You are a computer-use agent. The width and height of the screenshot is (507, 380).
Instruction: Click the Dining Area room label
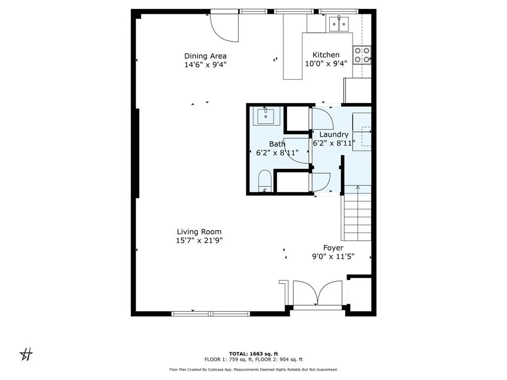click(x=205, y=56)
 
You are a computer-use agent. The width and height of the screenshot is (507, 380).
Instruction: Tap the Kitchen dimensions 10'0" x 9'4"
click(x=326, y=63)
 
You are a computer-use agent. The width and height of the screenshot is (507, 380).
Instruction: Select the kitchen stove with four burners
click(x=362, y=54)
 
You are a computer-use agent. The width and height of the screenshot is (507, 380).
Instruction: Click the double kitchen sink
click(x=340, y=23)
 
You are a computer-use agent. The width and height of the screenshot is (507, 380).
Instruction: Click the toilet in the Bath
click(x=265, y=181)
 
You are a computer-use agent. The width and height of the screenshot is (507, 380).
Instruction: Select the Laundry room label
click(x=334, y=135)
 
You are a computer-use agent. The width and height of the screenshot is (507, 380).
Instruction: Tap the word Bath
click(x=277, y=144)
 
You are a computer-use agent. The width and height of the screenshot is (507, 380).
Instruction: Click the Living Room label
click(x=199, y=232)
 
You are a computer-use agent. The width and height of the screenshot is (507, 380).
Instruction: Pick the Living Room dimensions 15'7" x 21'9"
click(x=199, y=240)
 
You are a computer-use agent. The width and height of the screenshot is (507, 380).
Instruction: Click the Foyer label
click(x=333, y=248)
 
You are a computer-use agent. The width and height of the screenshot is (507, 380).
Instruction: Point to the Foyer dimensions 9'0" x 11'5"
click(x=333, y=257)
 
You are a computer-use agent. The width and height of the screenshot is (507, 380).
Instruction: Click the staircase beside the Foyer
click(x=356, y=216)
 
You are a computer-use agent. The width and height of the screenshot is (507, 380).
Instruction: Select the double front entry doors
click(x=317, y=294)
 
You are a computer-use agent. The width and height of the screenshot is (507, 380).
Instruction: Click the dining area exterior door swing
click(x=224, y=27)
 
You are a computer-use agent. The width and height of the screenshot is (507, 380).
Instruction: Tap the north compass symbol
click(x=26, y=354)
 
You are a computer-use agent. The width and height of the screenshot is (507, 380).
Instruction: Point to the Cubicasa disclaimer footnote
click(x=253, y=369)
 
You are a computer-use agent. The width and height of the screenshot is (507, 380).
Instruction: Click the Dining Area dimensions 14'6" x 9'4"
click(x=205, y=64)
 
